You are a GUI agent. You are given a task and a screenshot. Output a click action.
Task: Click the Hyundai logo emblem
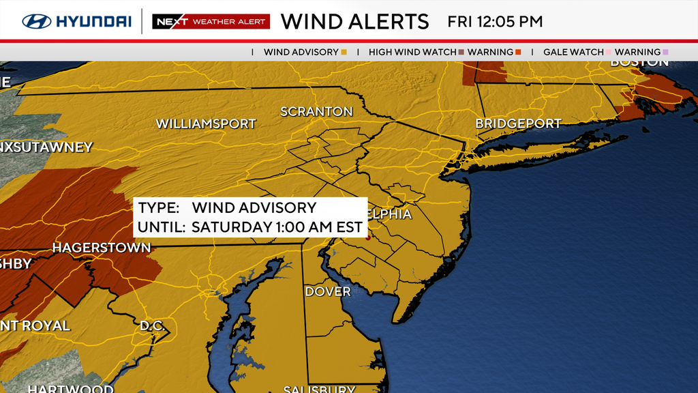pos(36,21)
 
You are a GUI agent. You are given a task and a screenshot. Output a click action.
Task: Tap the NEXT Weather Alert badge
pos(211,22)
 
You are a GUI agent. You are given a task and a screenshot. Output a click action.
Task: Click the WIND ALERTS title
pos(354,21)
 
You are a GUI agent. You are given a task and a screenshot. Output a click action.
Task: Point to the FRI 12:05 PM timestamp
pos(495,21)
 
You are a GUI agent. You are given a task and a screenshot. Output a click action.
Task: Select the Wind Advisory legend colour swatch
pos(344,52)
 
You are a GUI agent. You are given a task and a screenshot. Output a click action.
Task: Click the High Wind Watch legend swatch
pos(461,52)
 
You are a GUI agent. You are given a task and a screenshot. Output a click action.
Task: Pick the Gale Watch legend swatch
pos(609,52)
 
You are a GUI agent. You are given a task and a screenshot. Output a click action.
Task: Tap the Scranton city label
pos(316,111)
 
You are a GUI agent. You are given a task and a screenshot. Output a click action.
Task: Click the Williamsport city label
pos(206,124)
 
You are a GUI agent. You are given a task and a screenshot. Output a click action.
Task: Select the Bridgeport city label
pos(518,124)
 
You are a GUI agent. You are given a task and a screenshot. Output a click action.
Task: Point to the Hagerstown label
pos(102,248)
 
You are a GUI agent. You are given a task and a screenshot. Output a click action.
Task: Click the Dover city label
pos(328,292)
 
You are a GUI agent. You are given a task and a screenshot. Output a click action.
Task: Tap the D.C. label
pos(153,325)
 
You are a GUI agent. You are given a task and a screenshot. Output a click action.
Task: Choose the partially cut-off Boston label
pos(639,62)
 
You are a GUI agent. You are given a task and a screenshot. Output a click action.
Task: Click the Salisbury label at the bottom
pos(319,389)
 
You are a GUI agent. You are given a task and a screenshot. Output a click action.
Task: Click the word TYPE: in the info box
pos(158,208)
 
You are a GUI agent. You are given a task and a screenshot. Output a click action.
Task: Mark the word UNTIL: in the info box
pos(162,227)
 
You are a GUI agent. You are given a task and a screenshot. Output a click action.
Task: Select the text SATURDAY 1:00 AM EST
pos(277,227)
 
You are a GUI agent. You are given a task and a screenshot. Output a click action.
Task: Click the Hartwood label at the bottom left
pos(70,389)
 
